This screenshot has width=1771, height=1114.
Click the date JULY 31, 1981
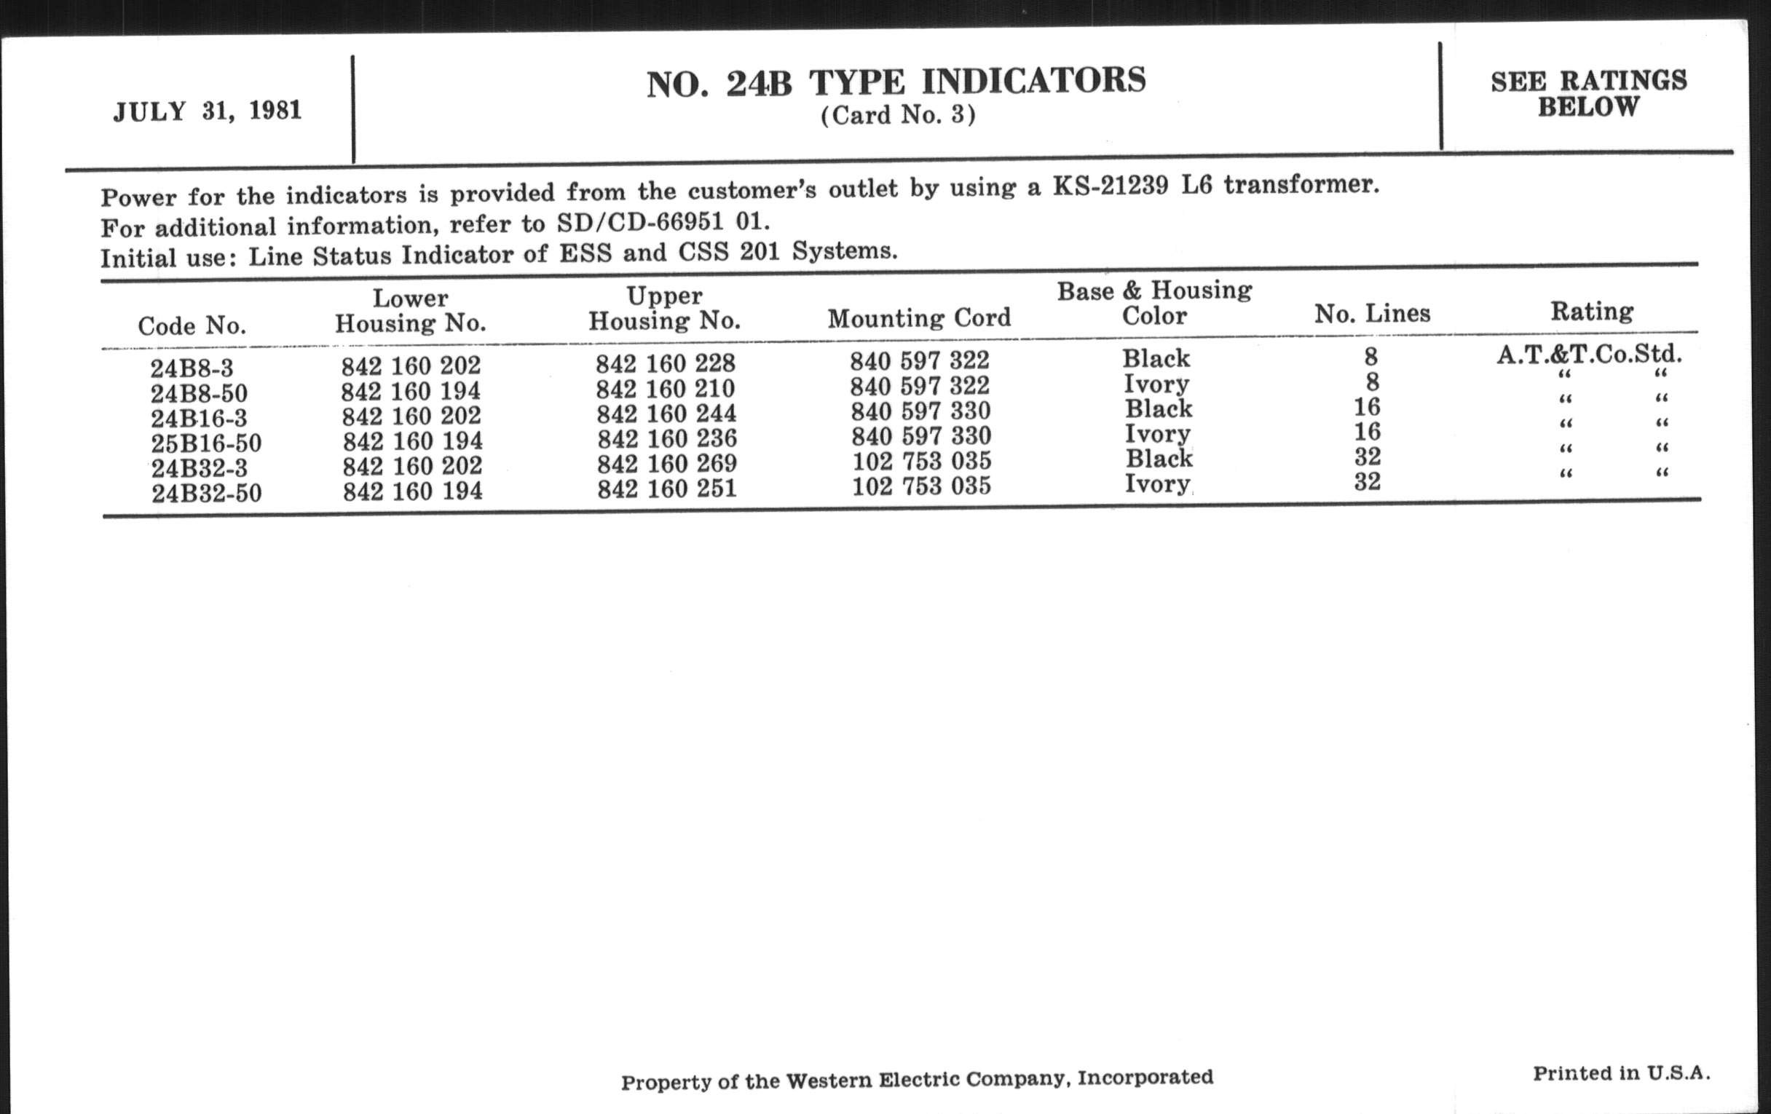click(x=208, y=111)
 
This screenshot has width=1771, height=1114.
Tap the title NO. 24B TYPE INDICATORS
click(x=896, y=82)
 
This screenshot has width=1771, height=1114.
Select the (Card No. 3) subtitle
click(x=898, y=116)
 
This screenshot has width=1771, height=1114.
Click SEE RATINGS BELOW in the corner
click(x=1589, y=93)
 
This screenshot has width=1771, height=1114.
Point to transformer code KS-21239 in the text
click(x=1110, y=186)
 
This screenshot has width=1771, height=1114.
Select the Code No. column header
click(x=192, y=325)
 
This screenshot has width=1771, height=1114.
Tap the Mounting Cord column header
click(x=918, y=317)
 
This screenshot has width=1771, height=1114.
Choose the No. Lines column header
click(x=1372, y=314)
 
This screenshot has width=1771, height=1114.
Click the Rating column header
click(x=1592, y=311)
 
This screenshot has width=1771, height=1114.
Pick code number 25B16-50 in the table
click(x=206, y=443)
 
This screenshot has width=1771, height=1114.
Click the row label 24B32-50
click(x=207, y=493)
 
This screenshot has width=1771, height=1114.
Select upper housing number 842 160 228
click(x=665, y=363)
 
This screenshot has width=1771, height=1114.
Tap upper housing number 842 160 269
click(x=666, y=463)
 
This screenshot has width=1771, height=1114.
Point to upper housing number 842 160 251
click(x=666, y=489)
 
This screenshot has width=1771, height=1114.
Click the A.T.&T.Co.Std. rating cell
click(x=1589, y=355)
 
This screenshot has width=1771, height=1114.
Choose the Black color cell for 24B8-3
click(x=1156, y=358)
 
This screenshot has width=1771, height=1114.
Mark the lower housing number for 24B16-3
click(x=411, y=416)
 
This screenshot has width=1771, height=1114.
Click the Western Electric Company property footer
click(x=916, y=1080)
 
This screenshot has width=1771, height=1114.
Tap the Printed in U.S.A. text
click(x=1621, y=1073)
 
